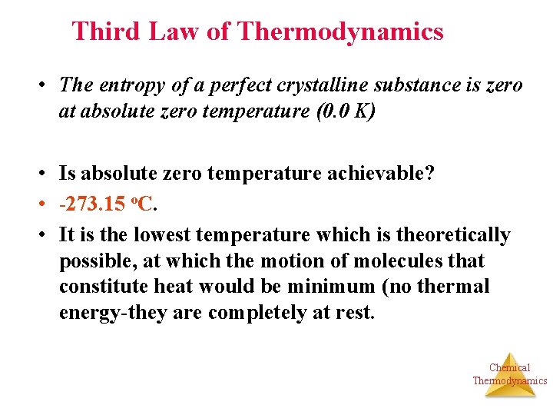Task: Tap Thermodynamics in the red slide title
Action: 340,32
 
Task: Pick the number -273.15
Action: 91,204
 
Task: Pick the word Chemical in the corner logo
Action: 509,367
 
